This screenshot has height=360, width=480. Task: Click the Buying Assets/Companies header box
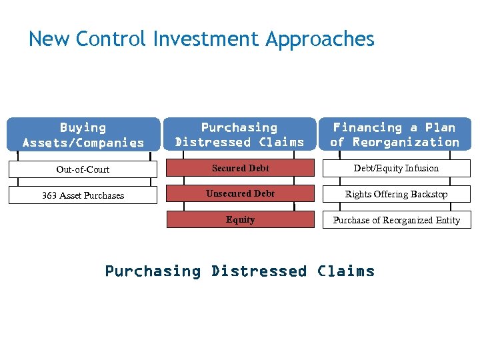(83, 134)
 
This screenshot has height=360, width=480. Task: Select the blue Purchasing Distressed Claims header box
(240, 134)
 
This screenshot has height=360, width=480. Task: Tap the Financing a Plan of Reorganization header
(396, 134)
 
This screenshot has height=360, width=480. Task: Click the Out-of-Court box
(83, 169)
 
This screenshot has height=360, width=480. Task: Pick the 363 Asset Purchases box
(83, 195)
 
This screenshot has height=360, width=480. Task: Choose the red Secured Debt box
(240, 169)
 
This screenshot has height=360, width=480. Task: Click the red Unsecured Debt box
(240, 194)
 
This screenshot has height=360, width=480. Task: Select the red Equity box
(240, 219)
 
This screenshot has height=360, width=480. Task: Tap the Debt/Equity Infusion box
(396, 169)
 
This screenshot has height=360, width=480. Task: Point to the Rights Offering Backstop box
(396, 195)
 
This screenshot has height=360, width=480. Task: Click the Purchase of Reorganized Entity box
(396, 220)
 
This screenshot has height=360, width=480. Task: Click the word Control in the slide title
(111, 39)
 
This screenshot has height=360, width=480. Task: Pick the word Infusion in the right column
(422, 169)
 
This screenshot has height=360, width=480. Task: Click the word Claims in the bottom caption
(345, 271)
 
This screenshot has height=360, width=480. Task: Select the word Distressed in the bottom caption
(259, 271)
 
